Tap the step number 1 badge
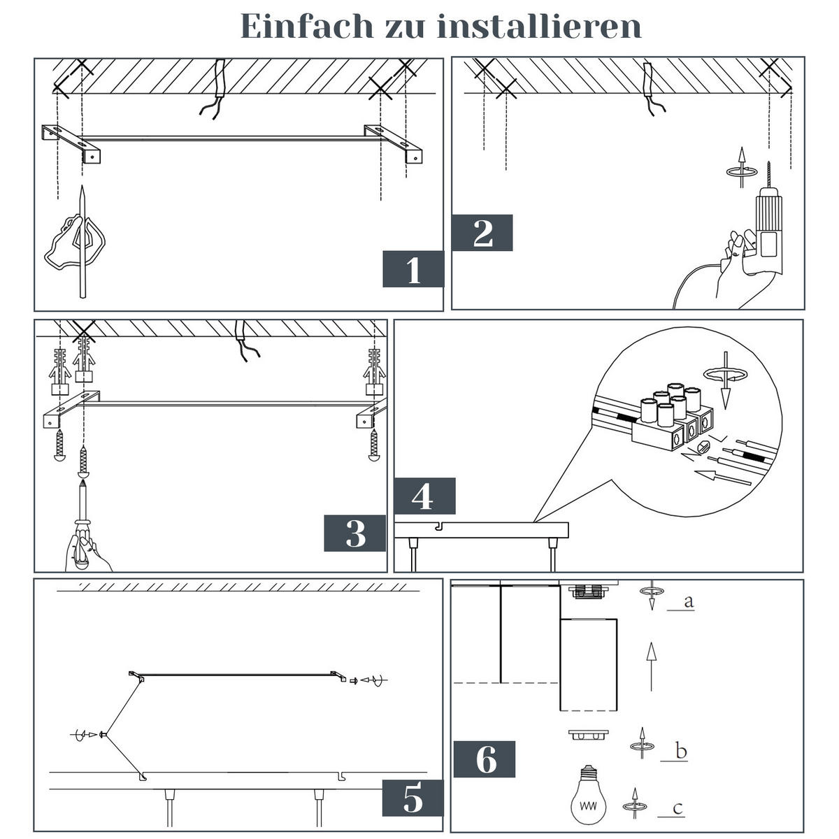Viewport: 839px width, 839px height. pos(413,269)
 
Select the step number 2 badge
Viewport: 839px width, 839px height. pos(482,233)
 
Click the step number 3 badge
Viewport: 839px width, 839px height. pos(355,534)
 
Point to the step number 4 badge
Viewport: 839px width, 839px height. pos(424,497)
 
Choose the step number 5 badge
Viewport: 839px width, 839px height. pos(413,798)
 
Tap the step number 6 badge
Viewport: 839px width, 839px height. pos(485,759)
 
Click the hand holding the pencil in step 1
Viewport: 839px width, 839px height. pos(73,241)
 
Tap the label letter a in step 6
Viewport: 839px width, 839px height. pos(688,601)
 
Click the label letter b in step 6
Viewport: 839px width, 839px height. pos(681,752)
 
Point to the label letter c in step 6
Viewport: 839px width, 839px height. pos(677,808)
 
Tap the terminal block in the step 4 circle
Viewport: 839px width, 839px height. pos(671,419)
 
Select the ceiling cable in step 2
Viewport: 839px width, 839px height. pos(650,87)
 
